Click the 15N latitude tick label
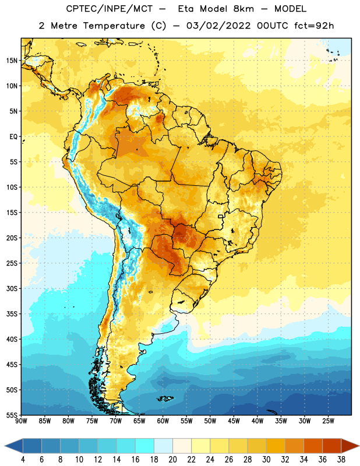pyautogui.click(x=12, y=61)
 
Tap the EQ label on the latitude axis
pyautogui.click(x=13, y=137)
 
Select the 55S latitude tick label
pyautogui.click(x=12, y=415)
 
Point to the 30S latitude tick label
pyautogui.click(x=12, y=288)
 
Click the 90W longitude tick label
pyautogui.click(x=21, y=421)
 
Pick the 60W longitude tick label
pyautogui.click(x=163, y=421)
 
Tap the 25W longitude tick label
pyautogui.click(x=329, y=421)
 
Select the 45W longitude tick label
pyautogui.click(x=234, y=421)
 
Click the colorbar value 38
pyautogui.click(x=341, y=460)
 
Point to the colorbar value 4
pyautogui.click(x=23, y=460)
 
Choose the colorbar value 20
pyautogui.click(x=172, y=460)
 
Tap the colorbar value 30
pyautogui.click(x=266, y=460)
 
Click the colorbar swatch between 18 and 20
pyautogui.click(x=163, y=446)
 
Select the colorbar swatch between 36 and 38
pyautogui.click(x=332, y=446)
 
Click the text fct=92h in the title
pyautogui.click(x=314, y=26)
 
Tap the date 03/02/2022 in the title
pyautogui.click(x=219, y=26)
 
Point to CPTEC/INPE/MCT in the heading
pyautogui.click(x=110, y=9)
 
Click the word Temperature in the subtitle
pyautogui.click(x=114, y=26)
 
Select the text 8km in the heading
pyautogui.click(x=243, y=9)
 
